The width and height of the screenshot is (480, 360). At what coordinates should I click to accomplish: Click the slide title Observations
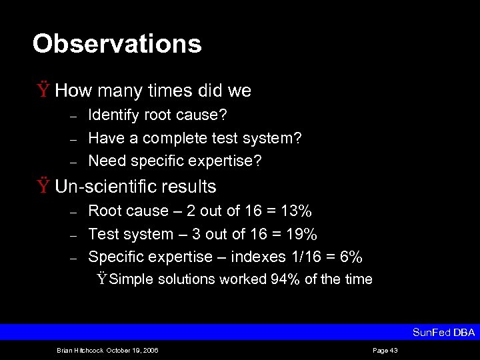[117, 44]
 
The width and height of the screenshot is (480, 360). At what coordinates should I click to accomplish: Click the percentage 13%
[295, 211]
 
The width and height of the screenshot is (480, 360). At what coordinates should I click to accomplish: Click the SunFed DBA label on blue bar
[443, 332]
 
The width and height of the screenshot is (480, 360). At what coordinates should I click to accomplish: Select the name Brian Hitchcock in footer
[78, 350]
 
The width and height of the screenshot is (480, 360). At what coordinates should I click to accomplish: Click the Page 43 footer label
[385, 350]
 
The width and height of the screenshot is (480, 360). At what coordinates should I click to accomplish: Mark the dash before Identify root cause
[75, 116]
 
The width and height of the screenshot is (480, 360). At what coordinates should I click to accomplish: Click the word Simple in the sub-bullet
[131, 279]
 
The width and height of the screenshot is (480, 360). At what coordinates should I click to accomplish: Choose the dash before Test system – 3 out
[75, 235]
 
